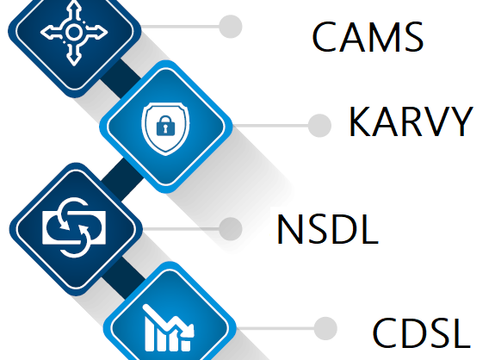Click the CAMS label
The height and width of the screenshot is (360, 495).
pyautogui.click(x=368, y=36)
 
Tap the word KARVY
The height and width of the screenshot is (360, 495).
pyautogui.click(x=411, y=121)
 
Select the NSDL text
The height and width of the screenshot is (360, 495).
pyautogui.click(x=327, y=229)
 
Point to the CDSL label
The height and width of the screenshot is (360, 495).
pyautogui.click(x=422, y=332)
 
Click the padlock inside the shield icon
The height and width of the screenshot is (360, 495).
pyautogui.click(x=165, y=126)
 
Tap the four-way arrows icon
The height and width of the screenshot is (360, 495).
pyautogui.click(x=74, y=32)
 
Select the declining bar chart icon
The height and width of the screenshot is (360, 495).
pyautogui.click(x=169, y=328)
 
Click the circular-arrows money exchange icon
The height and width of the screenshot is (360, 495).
pyautogui.click(x=74, y=227)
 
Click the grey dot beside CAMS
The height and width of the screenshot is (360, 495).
pyautogui.click(x=231, y=27)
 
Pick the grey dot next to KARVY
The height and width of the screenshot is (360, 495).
pyautogui.click(x=319, y=126)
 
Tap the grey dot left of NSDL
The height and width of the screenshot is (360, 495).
pyautogui.click(x=231, y=228)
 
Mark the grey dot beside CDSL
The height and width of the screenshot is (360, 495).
pyautogui.click(x=325, y=328)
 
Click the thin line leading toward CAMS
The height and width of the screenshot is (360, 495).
pyautogui.click(x=180, y=27)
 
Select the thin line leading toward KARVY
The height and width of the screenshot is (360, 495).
pyautogui.click(x=270, y=126)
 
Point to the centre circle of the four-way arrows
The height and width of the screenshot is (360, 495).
pyautogui.click(x=74, y=32)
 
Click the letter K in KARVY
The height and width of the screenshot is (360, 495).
pyautogui.click(x=360, y=121)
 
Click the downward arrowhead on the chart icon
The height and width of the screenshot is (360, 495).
pyautogui.click(x=189, y=331)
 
